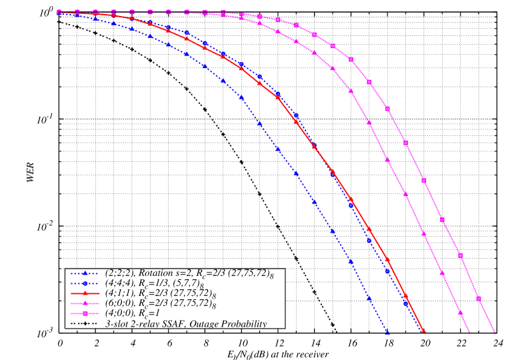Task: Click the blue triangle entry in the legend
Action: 85,273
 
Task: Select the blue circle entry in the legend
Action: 85,283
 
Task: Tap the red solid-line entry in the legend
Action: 85,293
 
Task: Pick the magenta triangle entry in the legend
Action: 85,303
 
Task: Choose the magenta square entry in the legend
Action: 85,313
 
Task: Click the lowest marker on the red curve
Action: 423,332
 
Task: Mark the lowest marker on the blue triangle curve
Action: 387,332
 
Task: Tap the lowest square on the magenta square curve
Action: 478,298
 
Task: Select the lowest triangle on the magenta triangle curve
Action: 460,312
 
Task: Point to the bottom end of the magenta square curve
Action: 495,332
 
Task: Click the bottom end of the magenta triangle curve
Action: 469,332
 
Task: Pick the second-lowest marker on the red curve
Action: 405,295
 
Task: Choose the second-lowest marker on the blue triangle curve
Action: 369,299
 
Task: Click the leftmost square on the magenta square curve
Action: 59,11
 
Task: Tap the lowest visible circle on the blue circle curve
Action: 405,303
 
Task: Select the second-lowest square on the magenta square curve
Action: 460,255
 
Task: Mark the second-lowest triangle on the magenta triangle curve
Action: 441,272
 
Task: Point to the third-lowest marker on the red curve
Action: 387,259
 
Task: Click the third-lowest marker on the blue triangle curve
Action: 351,261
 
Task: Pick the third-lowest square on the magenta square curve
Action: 442,220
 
